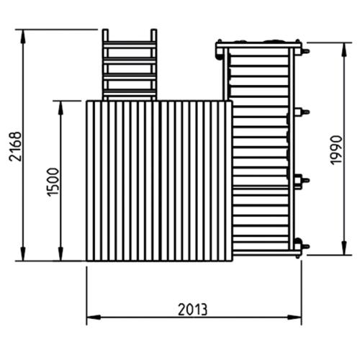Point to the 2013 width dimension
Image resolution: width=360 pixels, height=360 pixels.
(192, 310)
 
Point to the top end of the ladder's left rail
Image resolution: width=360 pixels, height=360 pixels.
(105, 31)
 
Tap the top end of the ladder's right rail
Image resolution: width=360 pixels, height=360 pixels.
(153, 31)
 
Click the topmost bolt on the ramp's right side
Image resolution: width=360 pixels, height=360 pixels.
(305, 51)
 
